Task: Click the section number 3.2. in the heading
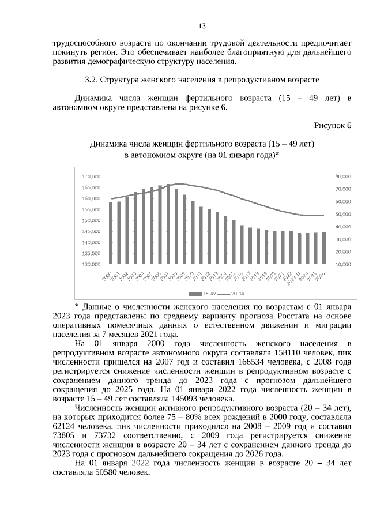(92, 79)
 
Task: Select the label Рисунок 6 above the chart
(332, 125)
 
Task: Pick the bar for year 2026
(323, 248)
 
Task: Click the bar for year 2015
(234, 242)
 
